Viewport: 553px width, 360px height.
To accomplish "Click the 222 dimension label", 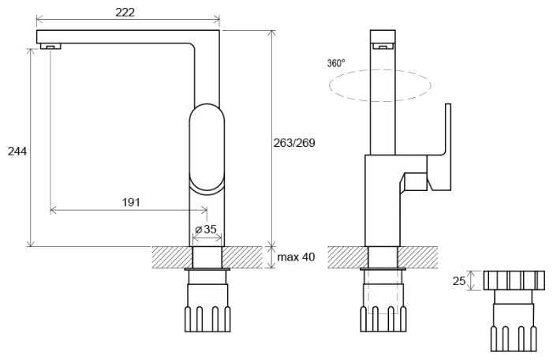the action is click(x=125, y=13).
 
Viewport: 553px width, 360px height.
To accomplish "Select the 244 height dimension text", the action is click(x=17, y=152).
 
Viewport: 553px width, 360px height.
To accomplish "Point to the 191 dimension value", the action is click(x=131, y=202).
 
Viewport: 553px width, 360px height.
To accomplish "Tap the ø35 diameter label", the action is click(x=206, y=229).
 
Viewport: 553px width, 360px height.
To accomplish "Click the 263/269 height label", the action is click(x=294, y=143).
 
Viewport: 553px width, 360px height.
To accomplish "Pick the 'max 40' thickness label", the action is click(x=296, y=257).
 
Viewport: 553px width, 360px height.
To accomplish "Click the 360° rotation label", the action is click(x=336, y=63).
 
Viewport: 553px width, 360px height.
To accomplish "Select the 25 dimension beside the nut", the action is click(x=459, y=281).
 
